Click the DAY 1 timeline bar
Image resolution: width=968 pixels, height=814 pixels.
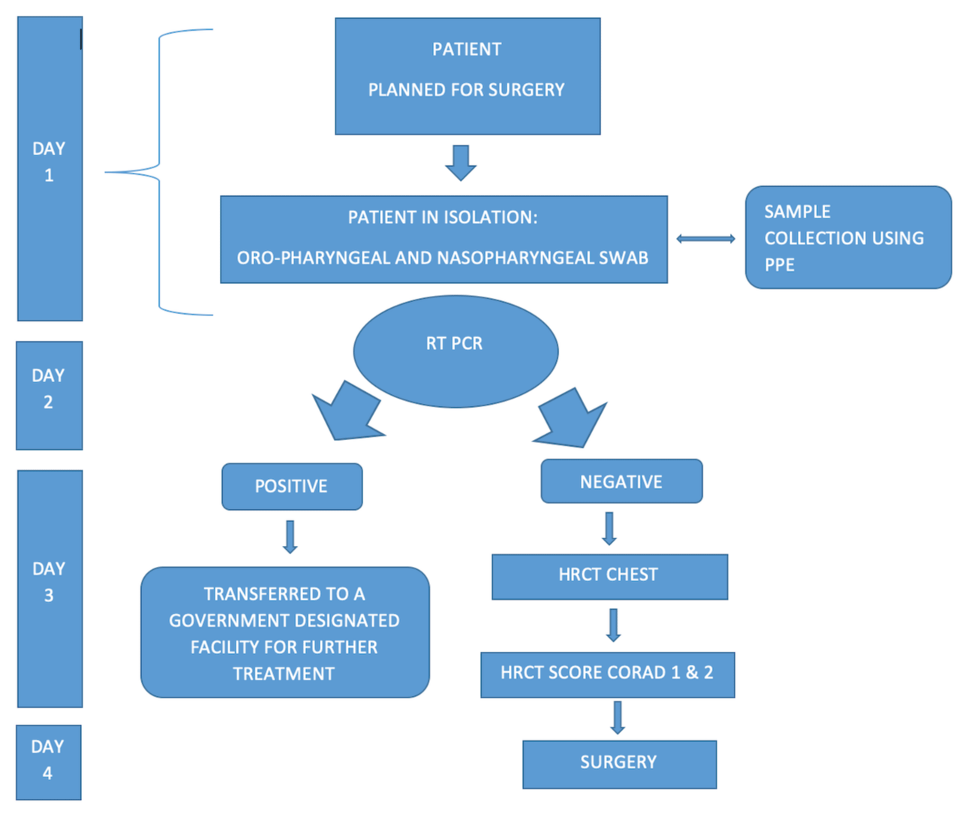(x=50, y=169)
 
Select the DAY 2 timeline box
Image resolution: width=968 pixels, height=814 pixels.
(x=50, y=396)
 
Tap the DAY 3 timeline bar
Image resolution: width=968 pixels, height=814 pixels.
(x=50, y=589)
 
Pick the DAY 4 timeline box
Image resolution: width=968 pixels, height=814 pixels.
(x=48, y=762)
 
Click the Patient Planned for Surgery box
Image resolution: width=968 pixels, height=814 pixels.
(x=467, y=77)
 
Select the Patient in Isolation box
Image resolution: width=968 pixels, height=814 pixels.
(x=443, y=240)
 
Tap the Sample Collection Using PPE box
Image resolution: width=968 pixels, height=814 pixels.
(x=848, y=237)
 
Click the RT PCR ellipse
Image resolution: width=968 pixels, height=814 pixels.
(x=455, y=351)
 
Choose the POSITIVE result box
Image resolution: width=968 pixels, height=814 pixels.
(x=292, y=487)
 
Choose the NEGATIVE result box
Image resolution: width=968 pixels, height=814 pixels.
(x=621, y=481)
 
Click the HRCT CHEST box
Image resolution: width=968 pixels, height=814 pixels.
(x=609, y=577)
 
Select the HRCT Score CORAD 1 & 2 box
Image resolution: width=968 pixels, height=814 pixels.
(x=607, y=674)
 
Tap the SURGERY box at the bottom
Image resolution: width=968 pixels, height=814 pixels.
(x=619, y=764)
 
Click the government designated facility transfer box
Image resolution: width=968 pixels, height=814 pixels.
(x=285, y=632)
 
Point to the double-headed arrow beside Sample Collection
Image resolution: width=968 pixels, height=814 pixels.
(x=705, y=239)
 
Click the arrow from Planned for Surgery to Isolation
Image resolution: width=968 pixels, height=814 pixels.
(x=461, y=162)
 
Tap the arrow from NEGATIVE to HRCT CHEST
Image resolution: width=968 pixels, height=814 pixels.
(x=609, y=528)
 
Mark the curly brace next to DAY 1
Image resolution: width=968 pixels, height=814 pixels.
(x=160, y=172)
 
